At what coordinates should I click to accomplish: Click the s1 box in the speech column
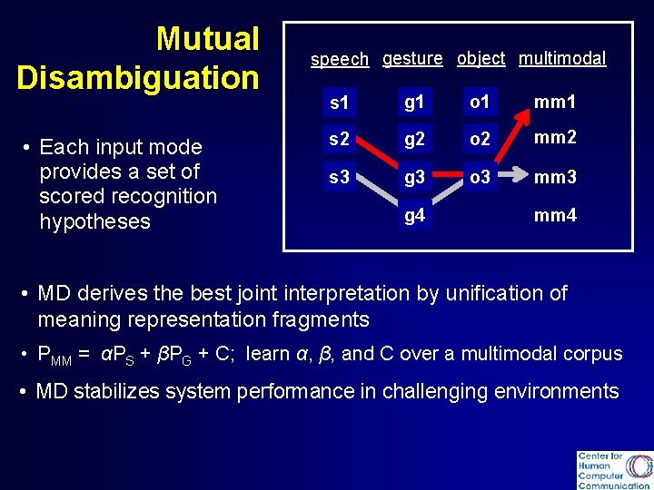click(339, 103)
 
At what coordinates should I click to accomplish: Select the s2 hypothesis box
click(339, 140)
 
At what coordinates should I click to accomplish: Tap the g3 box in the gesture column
click(414, 177)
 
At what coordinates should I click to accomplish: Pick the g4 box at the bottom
click(414, 216)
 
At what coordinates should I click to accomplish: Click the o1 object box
click(480, 102)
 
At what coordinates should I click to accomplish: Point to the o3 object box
click(480, 177)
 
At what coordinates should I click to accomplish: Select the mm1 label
click(555, 103)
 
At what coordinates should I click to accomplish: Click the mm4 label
click(555, 216)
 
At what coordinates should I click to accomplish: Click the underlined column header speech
click(340, 60)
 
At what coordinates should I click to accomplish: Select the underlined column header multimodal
click(561, 58)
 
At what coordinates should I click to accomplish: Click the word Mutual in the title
click(207, 39)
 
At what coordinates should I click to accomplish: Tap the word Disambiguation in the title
click(138, 78)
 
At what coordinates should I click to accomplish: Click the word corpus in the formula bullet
click(593, 353)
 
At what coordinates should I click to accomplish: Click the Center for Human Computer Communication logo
click(613, 469)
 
